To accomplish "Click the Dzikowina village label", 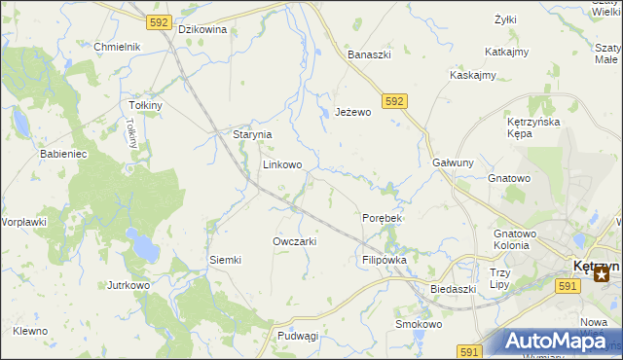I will point(202,29).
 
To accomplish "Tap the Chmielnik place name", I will point(117,47).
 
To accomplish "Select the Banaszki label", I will point(370,54).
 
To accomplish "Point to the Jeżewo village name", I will point(353,112).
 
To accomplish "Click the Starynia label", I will point(251,134).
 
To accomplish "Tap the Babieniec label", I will point(63,154).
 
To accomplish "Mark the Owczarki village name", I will point(295,240).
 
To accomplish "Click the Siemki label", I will point(225,260).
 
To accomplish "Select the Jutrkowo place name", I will point(128,285).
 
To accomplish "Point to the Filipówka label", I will point(384,260).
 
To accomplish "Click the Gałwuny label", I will point(453,163).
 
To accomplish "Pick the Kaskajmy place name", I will point(473,75).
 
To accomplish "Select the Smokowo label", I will point(419,324).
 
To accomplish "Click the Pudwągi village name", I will point(298,336).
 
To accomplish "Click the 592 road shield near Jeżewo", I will point(394,100).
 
